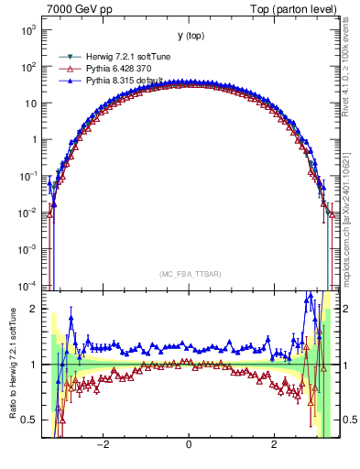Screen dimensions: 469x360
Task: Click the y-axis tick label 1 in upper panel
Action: tap(35, 140)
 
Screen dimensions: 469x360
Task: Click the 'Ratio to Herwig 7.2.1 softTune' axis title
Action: tap(12, 365)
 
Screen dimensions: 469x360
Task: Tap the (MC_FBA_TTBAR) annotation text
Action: tap(189, 274)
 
